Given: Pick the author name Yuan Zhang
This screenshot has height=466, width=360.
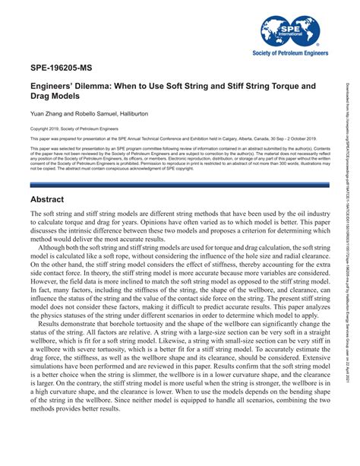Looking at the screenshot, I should tap(47, 113).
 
